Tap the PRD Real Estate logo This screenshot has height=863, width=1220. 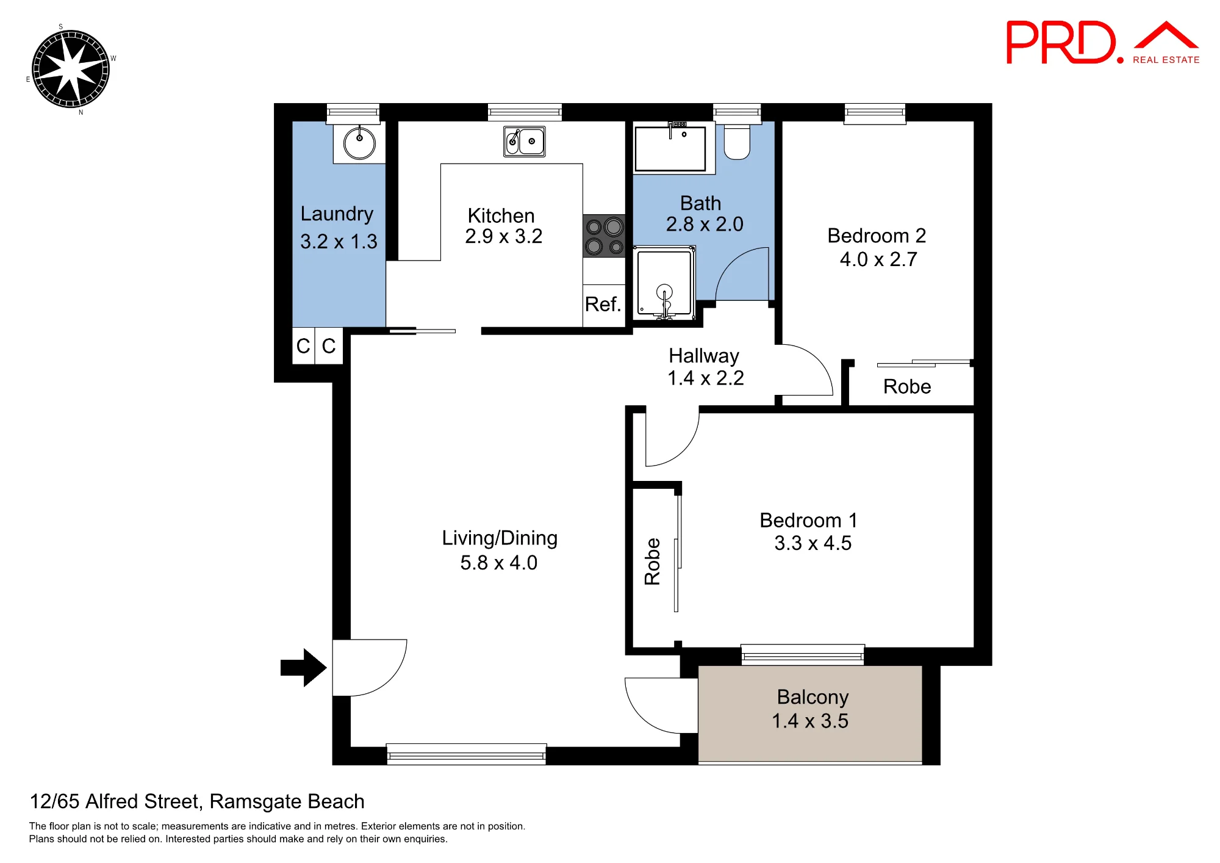point(1103,42)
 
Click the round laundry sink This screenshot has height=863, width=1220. point(359,143)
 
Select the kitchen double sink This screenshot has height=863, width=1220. point(525,142)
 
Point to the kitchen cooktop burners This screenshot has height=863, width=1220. point(604,236)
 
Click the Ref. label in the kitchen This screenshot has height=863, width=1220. point(603,304)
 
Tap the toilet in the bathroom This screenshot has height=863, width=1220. point(737,142)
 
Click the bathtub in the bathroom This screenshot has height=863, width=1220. point(670,148)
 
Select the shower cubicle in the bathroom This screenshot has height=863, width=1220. point(664,283)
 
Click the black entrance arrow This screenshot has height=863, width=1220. point(303,668)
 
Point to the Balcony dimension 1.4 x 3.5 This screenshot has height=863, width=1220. point(810,721)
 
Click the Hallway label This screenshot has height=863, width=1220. point(704,356)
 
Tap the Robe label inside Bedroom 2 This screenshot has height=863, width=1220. point(907,386)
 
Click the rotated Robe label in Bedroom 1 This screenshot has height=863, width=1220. point(652,561)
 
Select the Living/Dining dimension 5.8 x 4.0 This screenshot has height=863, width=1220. point(499,563)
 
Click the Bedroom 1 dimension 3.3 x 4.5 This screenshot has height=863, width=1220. point(813,543)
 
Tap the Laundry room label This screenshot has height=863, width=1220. point(337,214)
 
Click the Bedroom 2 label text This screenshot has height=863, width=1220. point(877,236)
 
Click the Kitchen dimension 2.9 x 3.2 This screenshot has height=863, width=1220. point(503,236)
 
